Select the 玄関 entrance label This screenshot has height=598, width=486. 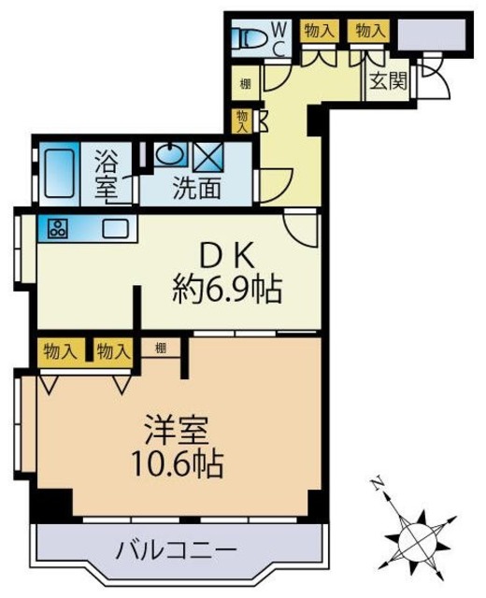387,80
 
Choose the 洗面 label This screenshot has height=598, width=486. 196,188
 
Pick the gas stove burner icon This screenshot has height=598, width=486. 53,228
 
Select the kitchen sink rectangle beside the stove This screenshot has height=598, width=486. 116,228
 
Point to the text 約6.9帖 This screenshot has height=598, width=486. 227,291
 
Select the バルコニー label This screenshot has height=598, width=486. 177,548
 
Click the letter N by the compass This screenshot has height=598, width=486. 375,483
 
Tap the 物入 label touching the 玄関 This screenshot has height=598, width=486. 368,30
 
